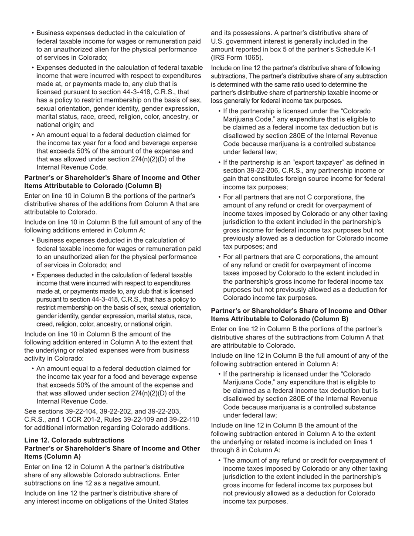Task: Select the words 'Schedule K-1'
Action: pos(356,49)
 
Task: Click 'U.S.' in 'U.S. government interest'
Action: pos(218,41)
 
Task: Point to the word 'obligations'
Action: pos(120,502)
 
